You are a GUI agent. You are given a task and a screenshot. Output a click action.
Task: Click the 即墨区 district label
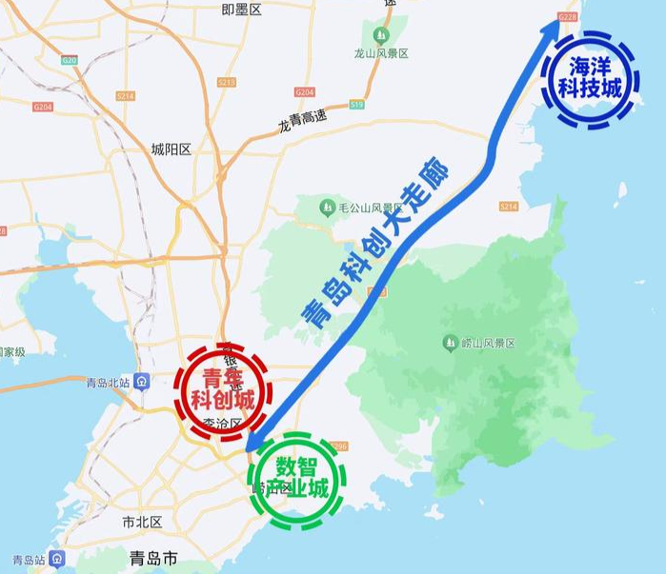point(241,10)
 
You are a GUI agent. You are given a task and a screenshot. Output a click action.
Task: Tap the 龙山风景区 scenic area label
point(381,54)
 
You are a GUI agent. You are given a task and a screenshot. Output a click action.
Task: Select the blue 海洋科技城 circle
point(588,80)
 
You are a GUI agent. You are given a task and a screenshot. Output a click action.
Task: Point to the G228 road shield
point(568,16)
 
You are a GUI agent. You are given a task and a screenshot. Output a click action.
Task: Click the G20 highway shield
point(69,60)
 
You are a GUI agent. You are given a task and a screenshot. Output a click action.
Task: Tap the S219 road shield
point(226,83)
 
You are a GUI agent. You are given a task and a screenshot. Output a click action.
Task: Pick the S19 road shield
point(356,103)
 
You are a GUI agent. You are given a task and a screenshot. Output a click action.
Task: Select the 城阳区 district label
point(172,149)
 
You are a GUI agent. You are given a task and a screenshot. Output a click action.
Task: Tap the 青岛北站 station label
point(107,383)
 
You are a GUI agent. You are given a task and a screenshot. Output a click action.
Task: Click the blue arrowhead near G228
point(552,29)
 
